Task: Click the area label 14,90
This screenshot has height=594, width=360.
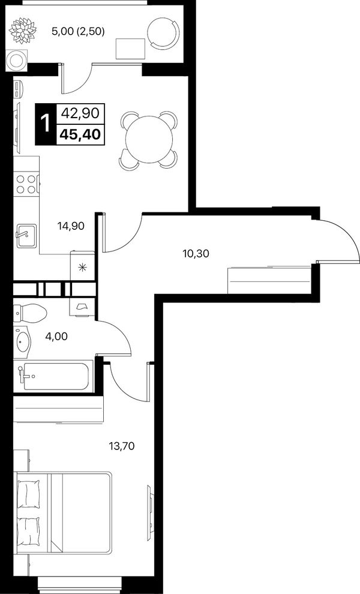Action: coord(71,227)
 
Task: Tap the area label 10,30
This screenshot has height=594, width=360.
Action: coord(196,253)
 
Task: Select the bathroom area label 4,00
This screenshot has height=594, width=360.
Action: coord(56,335)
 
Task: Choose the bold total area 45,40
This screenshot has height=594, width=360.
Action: coord(80,134)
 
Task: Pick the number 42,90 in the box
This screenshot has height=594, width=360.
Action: coord(80,113)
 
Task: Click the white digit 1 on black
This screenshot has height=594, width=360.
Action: coord(46,124)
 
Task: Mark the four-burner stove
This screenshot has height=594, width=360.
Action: coord(26,184)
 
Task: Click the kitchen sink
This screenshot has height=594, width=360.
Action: coord(26,235)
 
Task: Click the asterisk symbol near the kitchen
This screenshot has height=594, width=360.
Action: coord(82,268)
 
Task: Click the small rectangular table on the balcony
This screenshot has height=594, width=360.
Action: coord(130,49)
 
